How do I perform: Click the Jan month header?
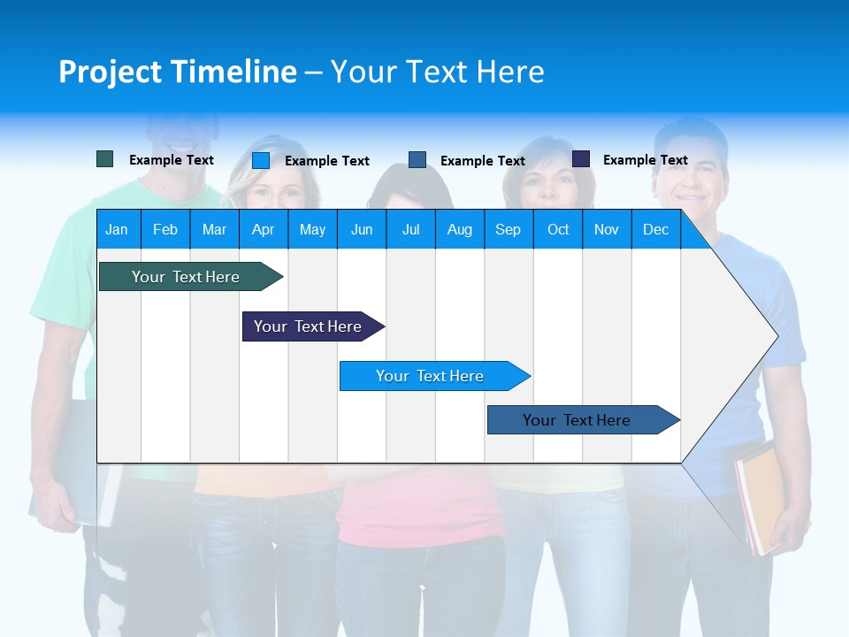pos(118,229)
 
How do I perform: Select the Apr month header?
pos(264,229)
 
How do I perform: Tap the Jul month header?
pos(410,229)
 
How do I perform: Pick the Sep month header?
pos(509,229)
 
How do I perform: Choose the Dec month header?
pos(655,229)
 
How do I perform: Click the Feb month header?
pos(165,229)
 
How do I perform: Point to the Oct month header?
pos(558,229)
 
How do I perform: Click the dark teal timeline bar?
pos(186,277)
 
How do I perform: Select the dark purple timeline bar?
pos(308,326)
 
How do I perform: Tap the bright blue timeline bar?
pos(430,376)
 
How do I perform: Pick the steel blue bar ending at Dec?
pos(577,420)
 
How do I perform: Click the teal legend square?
pos(105,159)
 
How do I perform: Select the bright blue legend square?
pos(261,160)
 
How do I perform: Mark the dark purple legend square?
pos(581,159)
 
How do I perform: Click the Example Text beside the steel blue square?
pos(482,161)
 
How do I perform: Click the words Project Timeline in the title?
pos(177,72)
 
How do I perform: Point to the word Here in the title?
pos(510,72)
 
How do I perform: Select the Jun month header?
pos(362,229)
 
